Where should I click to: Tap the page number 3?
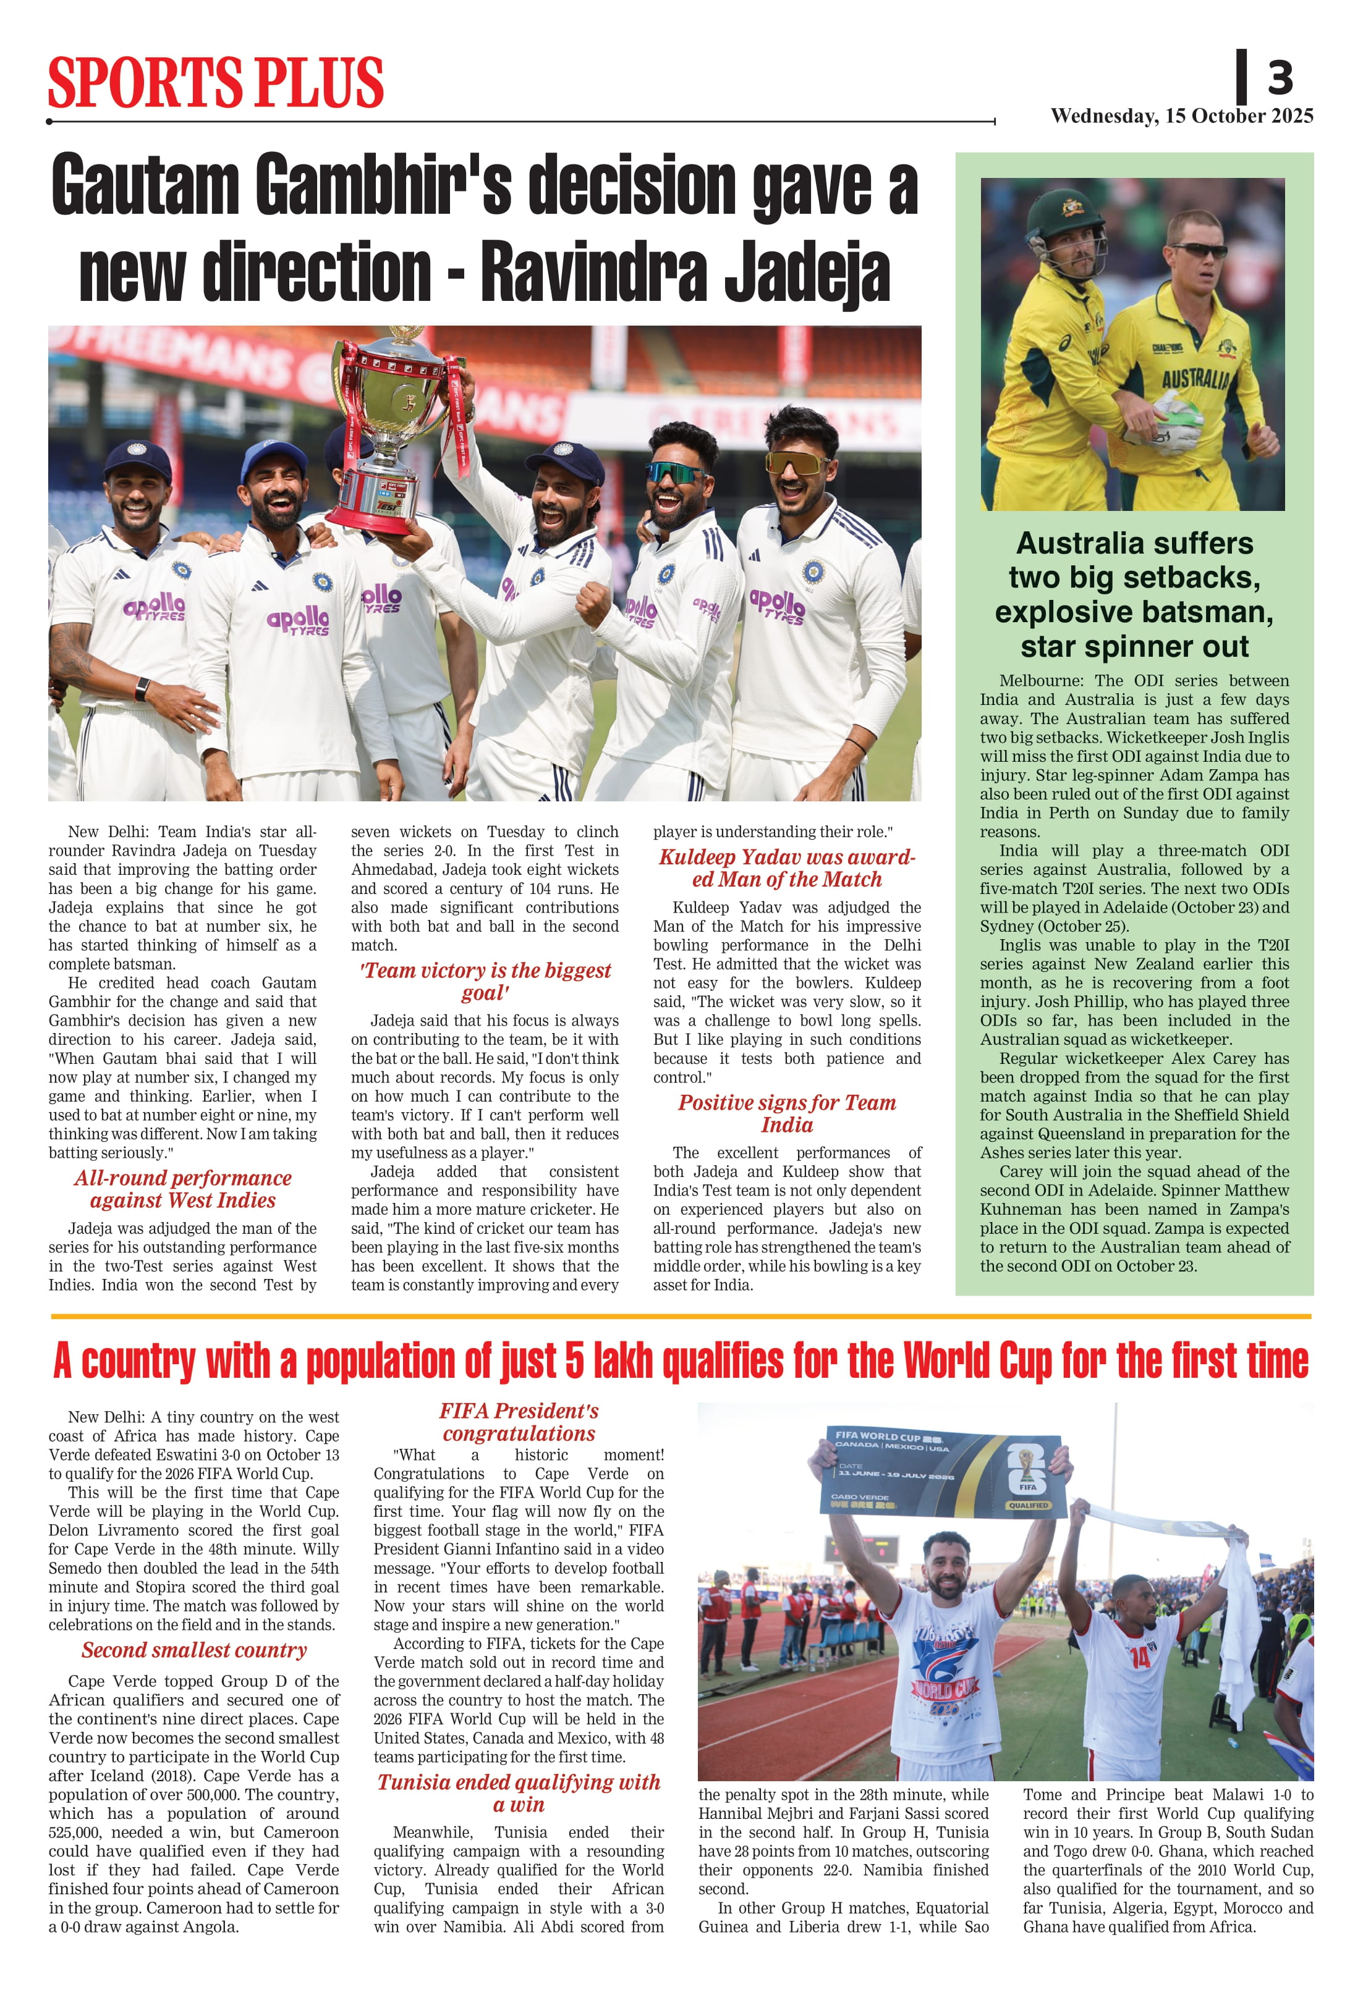click(x=1279, y=78)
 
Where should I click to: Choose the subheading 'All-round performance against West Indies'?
click(x=182, y=1189)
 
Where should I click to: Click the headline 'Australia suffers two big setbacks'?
click(x=1134, y=594)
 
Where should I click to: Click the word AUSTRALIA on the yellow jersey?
click(x=1195, y=377)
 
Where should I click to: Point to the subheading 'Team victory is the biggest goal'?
click(x=485, y=981)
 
